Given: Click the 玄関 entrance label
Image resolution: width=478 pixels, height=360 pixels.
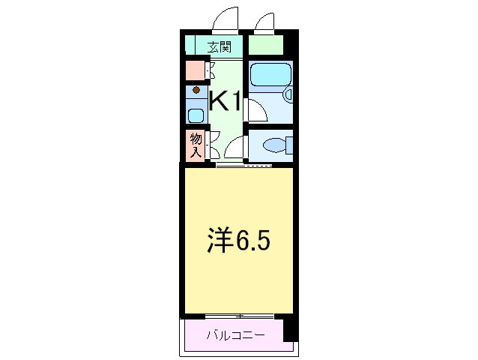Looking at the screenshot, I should tap(220, 46).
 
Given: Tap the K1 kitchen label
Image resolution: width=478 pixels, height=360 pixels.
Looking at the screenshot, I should tap(224, 101).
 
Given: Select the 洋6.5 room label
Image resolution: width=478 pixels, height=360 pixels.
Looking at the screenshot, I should tap(238, 241).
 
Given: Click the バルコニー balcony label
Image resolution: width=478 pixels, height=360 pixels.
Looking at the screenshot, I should tap(235, 334).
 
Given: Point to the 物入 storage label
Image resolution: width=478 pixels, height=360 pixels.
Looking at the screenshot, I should tap(195, 145).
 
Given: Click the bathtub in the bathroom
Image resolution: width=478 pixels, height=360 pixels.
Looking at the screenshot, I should tap(270, 75).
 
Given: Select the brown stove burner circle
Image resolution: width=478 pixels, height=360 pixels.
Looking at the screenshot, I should tap(196, 91).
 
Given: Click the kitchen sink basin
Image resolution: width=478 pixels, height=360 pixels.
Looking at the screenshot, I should tap(196, 115).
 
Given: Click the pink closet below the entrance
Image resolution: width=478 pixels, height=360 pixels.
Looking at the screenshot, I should tap(195, 70).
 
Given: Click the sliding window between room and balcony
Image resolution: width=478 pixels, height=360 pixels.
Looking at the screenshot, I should tap(239, 315).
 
